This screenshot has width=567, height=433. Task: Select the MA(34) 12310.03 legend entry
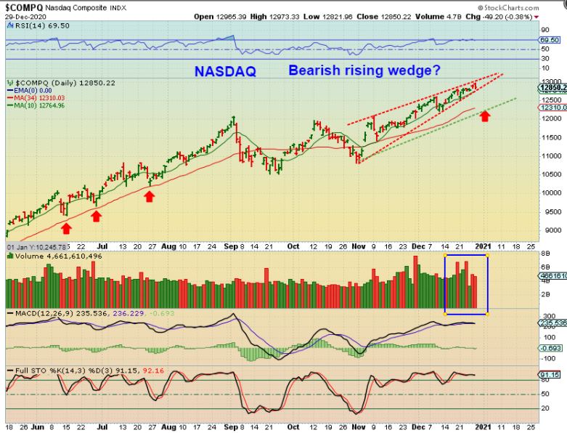pyautogui.click(x=37, y=97)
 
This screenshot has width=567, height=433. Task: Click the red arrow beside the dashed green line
pyautogui.click(x=485, y=115)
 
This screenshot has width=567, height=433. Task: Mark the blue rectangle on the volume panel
pyautogui.click(x=465, y=284)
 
